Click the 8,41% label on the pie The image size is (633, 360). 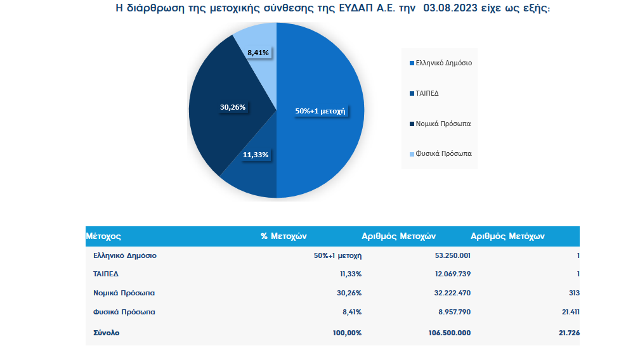(x=258, y=52)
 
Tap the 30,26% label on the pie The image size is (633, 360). (x=233, y=107)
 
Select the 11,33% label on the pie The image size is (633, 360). (x=256, y=155)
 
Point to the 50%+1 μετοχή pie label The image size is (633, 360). (x=320, y=110)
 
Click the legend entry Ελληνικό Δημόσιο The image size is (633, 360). (x=443, y=63)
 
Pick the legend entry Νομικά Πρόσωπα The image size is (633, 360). (x=443, y=124)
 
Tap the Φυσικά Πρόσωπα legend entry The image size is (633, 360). (x=443, y=154)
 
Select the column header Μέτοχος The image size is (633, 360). (x=103, y=236)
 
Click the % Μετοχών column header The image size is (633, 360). (x=284, y=236)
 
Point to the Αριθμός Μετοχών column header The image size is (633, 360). (x=398, y=236)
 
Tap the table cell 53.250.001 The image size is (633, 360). (x=448, y=256)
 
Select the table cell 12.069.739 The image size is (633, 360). (x=448, y=274)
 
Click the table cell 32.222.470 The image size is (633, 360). (x=448, y=293)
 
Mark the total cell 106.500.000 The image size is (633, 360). (x=446, y=333)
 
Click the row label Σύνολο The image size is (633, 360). (x=106, y=333)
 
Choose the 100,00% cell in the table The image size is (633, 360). (x=346, y=333)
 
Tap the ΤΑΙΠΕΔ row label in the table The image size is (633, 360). (x=105, y=274)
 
